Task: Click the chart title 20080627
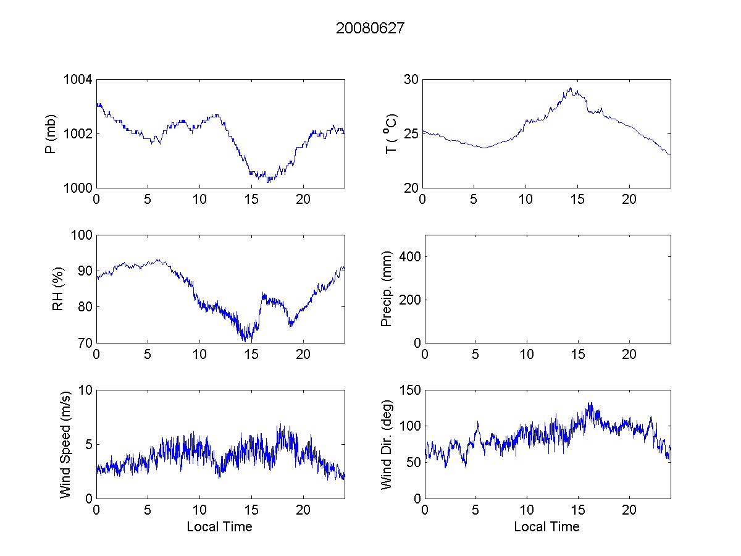coord(370,28)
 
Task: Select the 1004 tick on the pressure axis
coord(79,80)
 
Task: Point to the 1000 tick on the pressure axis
coord(79,188)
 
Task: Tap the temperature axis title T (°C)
coord(391,133)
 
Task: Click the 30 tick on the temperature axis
coord(411,80)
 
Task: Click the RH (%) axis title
coord(59,289)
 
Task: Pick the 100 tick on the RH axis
coord(82,235)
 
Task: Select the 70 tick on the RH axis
coord(85,343)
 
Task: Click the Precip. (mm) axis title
coord(387,289)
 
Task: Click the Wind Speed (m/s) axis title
coord(65,444)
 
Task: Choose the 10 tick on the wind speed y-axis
coord(85,390)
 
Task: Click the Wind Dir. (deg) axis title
coord(387,444)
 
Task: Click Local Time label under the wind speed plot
coord(219,526)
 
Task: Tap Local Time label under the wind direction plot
coord(546,526)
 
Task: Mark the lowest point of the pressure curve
coord(268,182)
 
